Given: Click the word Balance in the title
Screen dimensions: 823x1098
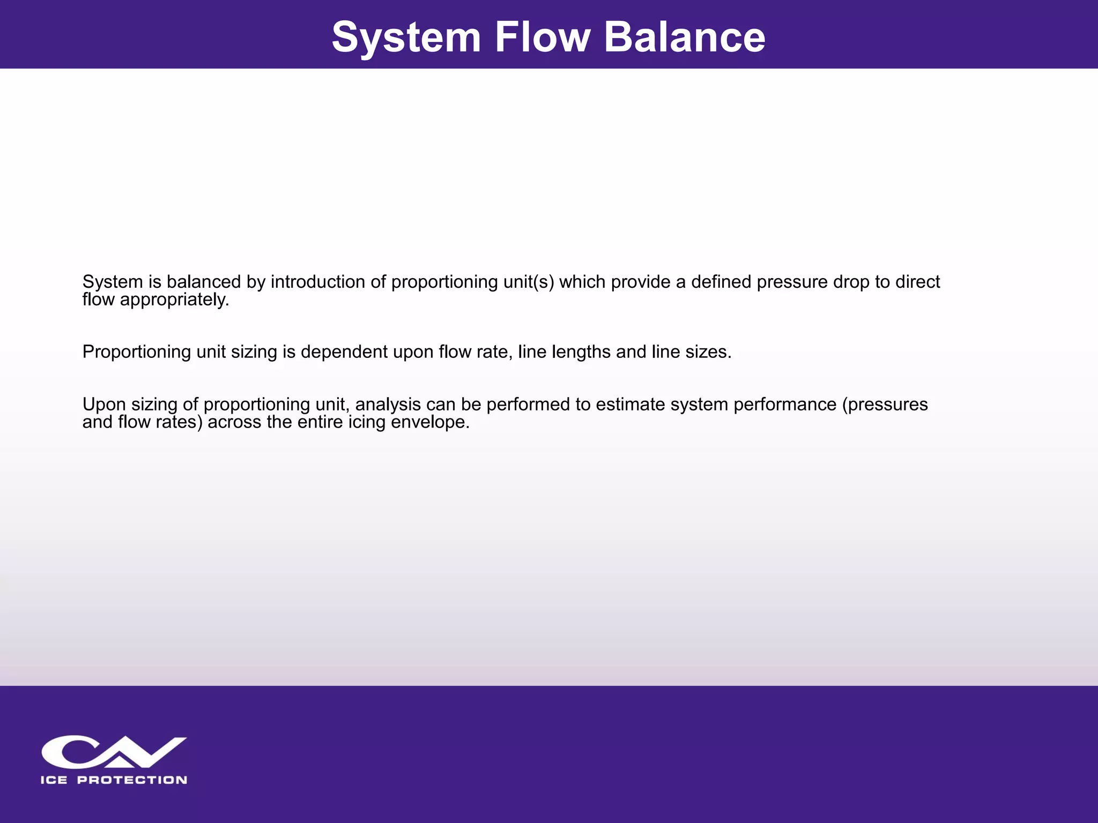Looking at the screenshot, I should tap(685, 37).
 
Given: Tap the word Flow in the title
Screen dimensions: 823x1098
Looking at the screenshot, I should tap(542, 37).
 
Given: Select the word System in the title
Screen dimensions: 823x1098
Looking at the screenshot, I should tap(406, 37).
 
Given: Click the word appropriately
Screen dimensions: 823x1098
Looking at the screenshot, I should tap(174, 300).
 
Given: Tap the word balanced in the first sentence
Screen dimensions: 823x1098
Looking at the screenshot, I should tap(204, 282).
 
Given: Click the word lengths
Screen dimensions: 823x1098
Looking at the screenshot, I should tap(581, 352).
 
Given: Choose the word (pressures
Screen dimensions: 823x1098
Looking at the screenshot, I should tap(885, 405).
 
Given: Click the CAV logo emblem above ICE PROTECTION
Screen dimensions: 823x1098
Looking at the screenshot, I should tap(114, 752).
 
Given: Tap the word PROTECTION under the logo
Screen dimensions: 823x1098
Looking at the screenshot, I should tap(132, 780).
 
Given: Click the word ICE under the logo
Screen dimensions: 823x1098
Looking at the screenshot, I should tap(54, 780).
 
